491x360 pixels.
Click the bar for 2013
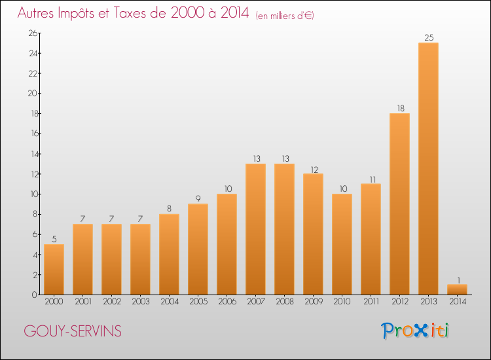pos(428,169)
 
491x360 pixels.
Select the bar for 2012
pos(399,204)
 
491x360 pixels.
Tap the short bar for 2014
pos(457,289)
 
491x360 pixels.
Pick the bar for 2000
pos(54,270)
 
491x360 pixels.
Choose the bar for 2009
pos(313,234)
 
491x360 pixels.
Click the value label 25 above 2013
pos(428,37)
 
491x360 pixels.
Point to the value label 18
pos(399,108)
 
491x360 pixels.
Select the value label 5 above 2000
pos(54,239)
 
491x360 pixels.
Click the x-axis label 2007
pos(255,302)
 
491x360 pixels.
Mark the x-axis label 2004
pos(169,302)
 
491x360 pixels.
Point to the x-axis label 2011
pos(371,302)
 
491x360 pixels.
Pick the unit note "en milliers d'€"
pos(285,16)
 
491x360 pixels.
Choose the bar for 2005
pos(198,249)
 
